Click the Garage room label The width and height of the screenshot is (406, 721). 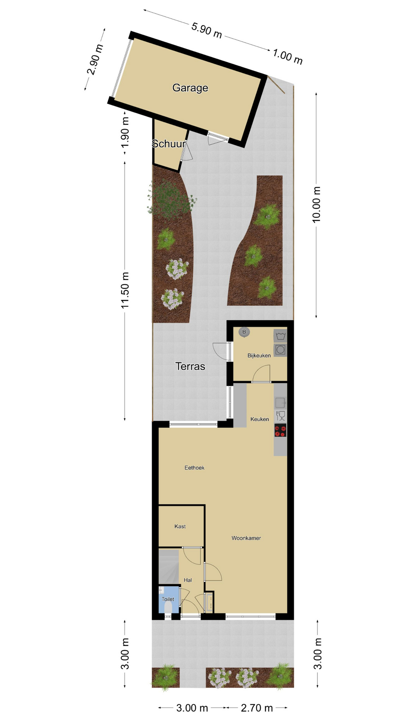pyautogui.click(x=190, y=88)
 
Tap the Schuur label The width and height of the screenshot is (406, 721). pyautogui.click(x=169, y=143)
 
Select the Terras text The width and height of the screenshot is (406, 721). pyautogui.click(x=190, y=366)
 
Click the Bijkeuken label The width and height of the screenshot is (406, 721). pyautogui.click(x=259, y=355)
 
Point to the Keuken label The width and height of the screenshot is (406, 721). pyautogui.click(x=260, y=419)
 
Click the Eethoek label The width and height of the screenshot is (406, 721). pyautogui.click(x=194, y=468)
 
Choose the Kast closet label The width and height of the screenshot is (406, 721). pyautogui.click(x=180, y=526)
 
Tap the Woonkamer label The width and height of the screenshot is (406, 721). pyautogui.click(x=246, y=538)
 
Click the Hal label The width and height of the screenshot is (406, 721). pyautogui.click(x=188, y=580)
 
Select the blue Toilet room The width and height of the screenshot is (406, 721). pyautogui.click(x=168, y=599)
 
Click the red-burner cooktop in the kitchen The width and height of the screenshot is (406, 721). pyautogui.click(x=280, y=430)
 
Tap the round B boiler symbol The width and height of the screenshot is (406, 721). pyautogui.click(x=244, y=332)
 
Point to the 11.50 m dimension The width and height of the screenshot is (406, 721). pyautogui.click(x=125, y=290)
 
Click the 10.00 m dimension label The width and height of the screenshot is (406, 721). pyautogui.click(x=317, y=205)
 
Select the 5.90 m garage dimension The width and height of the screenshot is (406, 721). pyautogui.click(x=207, y=30)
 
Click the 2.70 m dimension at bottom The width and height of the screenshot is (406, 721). pyautogui.click(x=257, y=708)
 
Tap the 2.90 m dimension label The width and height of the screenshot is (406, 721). pyautogui.click(x=95, y=59)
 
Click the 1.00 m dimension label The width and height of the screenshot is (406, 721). pyautogui.click(x=288, y=56)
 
